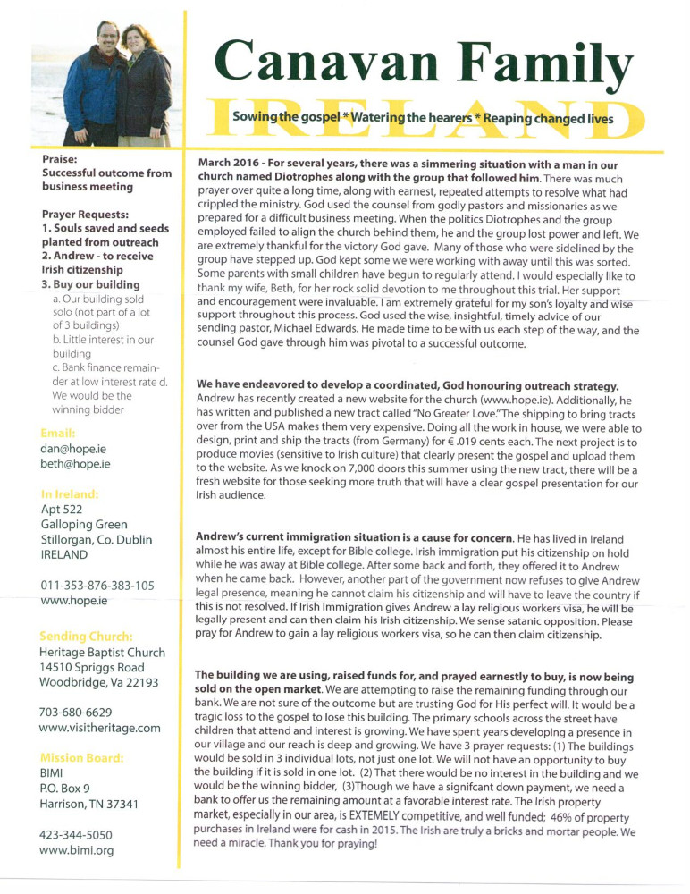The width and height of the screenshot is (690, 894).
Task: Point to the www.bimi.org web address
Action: pyautogui.click(x=76, y=850)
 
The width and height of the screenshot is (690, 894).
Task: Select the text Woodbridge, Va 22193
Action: pyautogui.click(x=98, y=682)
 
